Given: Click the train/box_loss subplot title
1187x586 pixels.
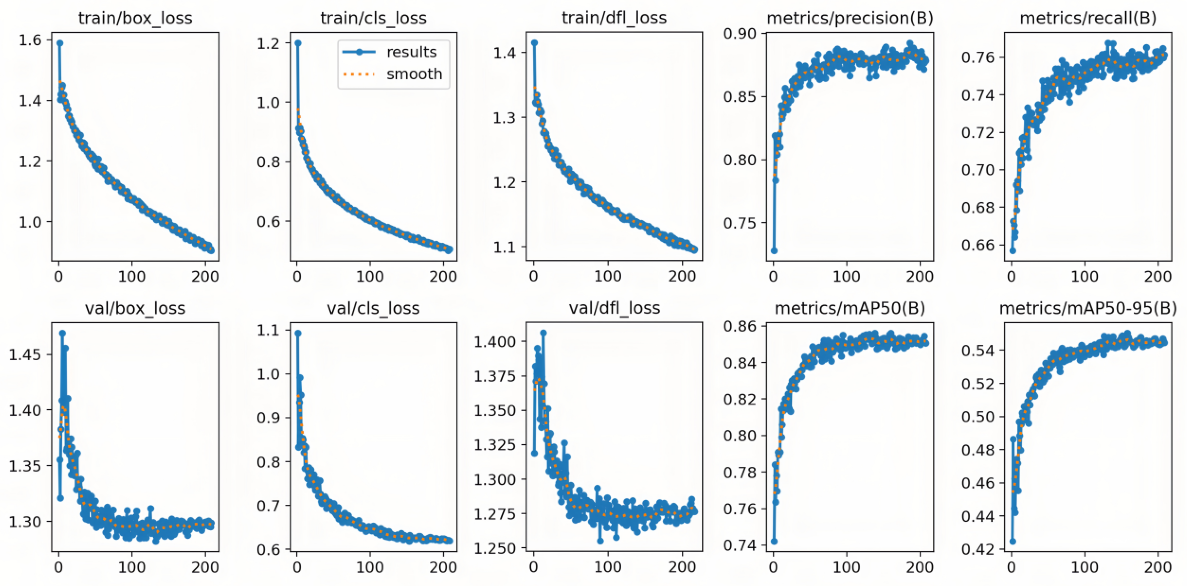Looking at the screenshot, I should pos(135,18).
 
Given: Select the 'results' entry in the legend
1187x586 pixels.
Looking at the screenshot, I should pos(411,52).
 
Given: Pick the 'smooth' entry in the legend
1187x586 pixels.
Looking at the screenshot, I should pos(414,74).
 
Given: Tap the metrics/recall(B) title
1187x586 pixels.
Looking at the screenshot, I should pos(1088,18).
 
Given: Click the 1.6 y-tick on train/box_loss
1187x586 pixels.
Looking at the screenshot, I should pos(30,41).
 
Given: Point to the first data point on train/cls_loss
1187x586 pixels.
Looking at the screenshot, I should pos(298,43).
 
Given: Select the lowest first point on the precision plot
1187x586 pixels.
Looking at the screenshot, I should pos(774,251).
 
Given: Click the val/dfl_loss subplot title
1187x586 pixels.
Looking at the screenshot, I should pos(614,308).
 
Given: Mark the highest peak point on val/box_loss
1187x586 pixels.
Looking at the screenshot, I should pos(62,333).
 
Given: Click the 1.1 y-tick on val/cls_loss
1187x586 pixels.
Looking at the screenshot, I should pos(268,330).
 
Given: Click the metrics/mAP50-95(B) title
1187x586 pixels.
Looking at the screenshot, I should pos(1088,308).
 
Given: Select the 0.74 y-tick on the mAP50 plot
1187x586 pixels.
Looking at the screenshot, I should pos(739,545).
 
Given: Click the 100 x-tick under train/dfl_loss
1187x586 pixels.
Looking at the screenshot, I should pos(607,276).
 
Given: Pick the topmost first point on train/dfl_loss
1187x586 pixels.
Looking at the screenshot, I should pos(535,42).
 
